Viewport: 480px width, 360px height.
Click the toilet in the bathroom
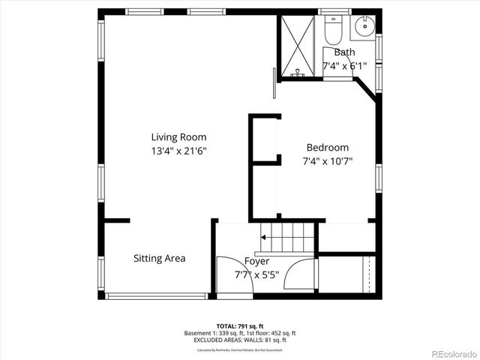click(x=333, y=30)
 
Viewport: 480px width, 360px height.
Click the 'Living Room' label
click(x=178, y=137)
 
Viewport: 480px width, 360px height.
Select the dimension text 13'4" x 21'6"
click(x=178, y=151)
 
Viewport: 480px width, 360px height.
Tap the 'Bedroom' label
click(x=327, y=148)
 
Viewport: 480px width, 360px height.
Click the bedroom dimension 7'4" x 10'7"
click(x=327, y=160)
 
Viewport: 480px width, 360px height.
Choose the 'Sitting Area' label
click(x=159, y=258)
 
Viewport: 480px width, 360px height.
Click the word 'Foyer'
click(x=256, y=261)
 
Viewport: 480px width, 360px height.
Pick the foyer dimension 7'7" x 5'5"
click(x=257, y=274)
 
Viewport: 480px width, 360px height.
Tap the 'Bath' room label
click(x=344, y=52)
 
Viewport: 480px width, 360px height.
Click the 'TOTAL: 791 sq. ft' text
click(x=239, y=325)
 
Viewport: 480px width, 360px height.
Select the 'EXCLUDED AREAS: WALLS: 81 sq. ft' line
click(x=239, y=340)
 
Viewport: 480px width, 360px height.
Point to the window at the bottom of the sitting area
click(x=156, y=295)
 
